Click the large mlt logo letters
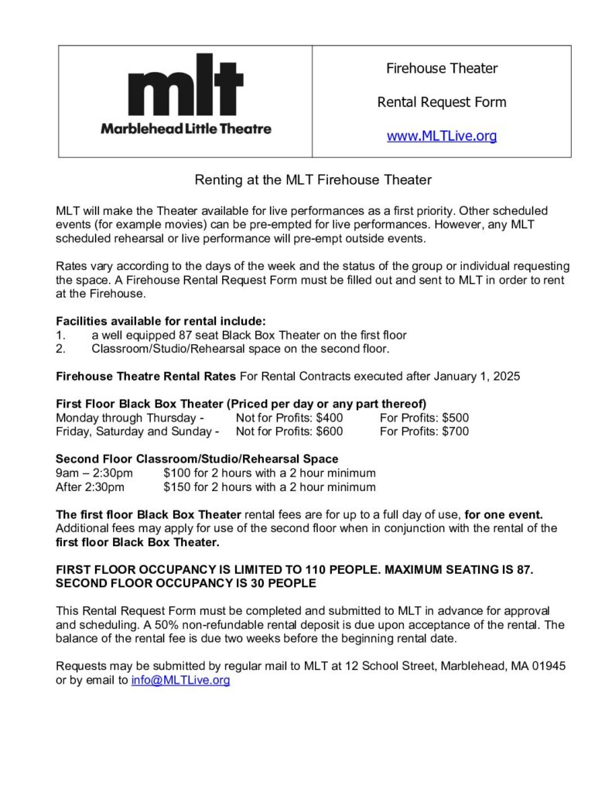pyautogui.click(x=186, y=85)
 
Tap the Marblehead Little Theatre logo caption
pyautogui.click(x=186, y=128)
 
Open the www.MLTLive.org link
pyautogui.click(x=442, y=136)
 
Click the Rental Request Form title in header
pyautogui.click(x=442, y=102)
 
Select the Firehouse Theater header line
pyautogui.click(x=442, y=68)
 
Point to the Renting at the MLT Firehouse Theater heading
pyautogui.click(x=313, y=180)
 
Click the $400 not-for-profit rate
pyautogui.click(x=329, y=418)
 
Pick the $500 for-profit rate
pyautogui.click(x=455, y=418)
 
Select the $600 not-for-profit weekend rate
pyautogui.click(x=329, y=432)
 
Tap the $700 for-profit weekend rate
pyautogui.click(x=455, y=432)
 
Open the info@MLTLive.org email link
pyautogui.click(x=180, y=681)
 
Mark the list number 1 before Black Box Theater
pyautogui.click(x=60, y=335)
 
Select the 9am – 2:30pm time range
pyautogui.click(x=94, y=473)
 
